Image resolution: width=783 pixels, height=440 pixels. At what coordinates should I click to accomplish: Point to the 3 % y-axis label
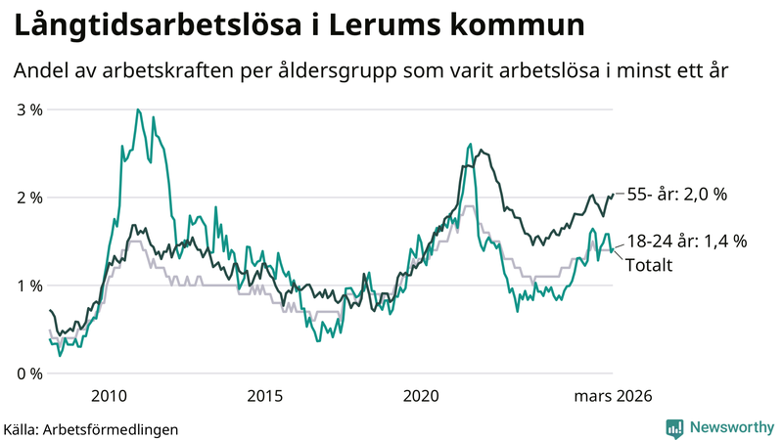click(29, 110)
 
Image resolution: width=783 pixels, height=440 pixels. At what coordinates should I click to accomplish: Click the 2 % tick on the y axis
click(29, 198)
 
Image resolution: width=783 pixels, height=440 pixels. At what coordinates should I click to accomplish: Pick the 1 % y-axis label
click(29, 286)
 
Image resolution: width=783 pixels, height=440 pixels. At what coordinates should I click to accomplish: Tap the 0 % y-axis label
click(29, 374)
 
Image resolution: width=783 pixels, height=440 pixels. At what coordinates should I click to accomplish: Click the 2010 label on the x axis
click(109, 396)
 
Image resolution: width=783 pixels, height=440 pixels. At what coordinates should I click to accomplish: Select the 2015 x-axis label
click(265, 396)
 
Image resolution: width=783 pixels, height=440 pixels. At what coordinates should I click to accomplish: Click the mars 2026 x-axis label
click(613, 396)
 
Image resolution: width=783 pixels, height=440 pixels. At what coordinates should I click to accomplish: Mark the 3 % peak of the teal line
click(138, 110)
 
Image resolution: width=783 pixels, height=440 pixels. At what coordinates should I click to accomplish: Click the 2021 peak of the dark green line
click(480, 151)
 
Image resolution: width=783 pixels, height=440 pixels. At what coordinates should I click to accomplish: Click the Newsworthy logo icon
click(674, 427)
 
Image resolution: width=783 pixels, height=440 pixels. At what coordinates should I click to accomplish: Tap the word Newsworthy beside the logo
click(730, 427)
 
